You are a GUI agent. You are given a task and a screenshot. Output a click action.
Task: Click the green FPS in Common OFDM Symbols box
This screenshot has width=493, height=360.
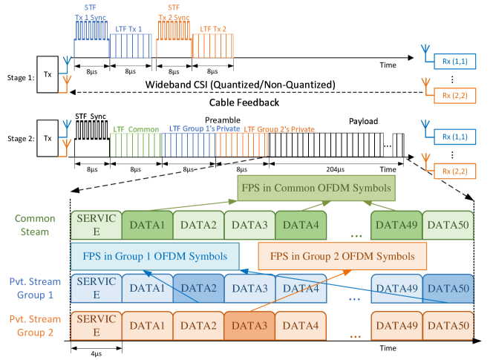315,188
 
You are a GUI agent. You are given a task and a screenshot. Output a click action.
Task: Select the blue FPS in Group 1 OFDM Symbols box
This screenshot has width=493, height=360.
155,256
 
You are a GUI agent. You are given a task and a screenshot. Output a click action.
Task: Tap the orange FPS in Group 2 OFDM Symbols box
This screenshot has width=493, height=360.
342,256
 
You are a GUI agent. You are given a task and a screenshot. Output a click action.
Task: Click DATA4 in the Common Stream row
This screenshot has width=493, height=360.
301,225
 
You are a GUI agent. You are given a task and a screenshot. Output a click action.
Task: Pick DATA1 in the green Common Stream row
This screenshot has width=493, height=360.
147,225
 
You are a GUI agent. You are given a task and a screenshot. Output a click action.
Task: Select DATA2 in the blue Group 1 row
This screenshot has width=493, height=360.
198,289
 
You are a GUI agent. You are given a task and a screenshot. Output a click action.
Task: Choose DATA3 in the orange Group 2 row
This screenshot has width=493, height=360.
249,324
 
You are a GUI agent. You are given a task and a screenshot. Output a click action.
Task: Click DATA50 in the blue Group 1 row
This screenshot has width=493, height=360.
448,289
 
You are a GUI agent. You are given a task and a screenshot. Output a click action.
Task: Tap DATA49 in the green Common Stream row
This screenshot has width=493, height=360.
396,225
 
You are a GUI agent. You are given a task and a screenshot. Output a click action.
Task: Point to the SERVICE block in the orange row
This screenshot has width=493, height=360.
97,324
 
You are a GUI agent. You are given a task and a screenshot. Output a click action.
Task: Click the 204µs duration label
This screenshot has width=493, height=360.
336,170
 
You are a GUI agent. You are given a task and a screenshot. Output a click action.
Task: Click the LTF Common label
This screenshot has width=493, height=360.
136,129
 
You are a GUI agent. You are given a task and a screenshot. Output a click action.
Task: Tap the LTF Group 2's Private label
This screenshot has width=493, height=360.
279,129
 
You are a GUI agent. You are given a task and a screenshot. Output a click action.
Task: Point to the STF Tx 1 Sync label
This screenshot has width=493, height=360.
90,12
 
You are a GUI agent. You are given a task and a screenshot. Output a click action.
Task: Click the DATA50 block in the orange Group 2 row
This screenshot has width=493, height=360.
448,324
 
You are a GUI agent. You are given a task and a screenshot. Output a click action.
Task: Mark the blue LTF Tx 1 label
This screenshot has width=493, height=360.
131,28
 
